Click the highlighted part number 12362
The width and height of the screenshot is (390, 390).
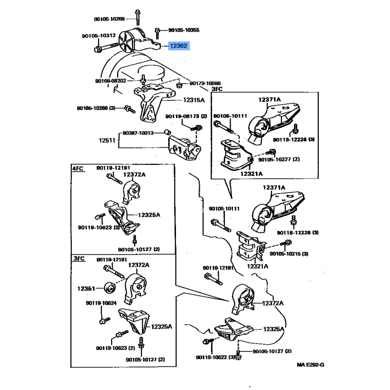tap(178, 46)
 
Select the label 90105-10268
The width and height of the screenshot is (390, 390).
tap(109, 19)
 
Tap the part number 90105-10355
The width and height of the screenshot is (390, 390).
tap(183, 30)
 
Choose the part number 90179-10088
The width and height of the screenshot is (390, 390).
tap(205, 83)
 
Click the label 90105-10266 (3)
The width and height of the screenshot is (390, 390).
tap(96, 108)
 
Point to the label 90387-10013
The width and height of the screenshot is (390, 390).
tap(138, 133)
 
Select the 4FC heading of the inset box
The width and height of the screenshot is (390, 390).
tap(78, 168)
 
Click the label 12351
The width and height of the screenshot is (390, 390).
tap(86, 288)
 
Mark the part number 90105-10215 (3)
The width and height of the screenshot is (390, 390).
tap(288, 254)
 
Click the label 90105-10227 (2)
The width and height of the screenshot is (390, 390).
tap(279, 159)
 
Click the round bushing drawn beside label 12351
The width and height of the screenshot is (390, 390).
tap(110, 288)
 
